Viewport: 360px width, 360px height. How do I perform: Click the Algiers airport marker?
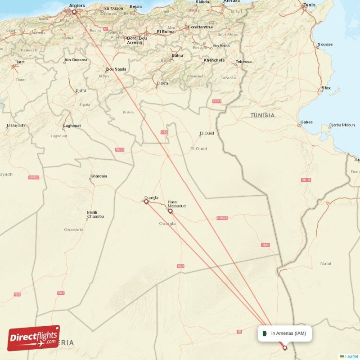[74, 12]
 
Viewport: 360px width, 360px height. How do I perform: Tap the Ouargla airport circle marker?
[146, 202]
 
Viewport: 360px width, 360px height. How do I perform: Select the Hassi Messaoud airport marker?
[170, 211]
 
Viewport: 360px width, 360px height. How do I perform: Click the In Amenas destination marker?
[284, 347]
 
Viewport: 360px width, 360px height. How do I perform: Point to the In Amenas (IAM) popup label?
[288, 333]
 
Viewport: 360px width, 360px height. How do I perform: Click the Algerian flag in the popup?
[265, 333]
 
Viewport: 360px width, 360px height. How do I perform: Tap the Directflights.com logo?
[34, 338]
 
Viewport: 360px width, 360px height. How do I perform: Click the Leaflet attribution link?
[351, 356]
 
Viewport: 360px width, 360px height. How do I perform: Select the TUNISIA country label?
[262, 116]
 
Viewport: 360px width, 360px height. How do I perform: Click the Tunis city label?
[309, 5]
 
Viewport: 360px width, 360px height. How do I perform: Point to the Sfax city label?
[326, 88]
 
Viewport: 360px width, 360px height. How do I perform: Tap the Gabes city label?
[306, 122]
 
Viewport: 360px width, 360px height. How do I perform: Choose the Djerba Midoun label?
[342, 125]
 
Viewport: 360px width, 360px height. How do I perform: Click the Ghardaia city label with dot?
[99, 176]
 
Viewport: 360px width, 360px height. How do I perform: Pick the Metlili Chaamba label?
[95, 214]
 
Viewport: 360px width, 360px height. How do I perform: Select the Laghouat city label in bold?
[72, 126]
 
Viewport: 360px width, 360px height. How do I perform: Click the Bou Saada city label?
[116, 69]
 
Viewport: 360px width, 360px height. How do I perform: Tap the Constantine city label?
[200, 27]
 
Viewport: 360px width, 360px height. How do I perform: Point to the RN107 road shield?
[34, 177]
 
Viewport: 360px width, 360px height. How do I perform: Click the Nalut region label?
[325, 263]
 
